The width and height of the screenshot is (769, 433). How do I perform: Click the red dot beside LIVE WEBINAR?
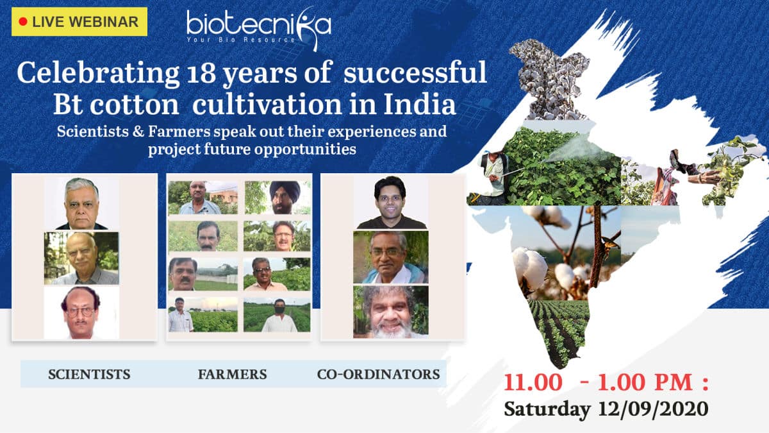(x=23, y=22)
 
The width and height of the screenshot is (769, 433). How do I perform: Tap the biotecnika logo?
(x=259, y=29)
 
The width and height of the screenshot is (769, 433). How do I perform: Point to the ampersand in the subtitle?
(x=138, y=132)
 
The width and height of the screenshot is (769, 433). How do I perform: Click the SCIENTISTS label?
(x=89, y=374)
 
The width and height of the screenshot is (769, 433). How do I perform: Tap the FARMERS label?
(x=233, y=374)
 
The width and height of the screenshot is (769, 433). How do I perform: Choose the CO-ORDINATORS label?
(x=378, y=374)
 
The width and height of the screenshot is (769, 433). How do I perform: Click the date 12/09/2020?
(x=653, y=409)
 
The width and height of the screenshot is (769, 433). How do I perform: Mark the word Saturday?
(x=547, y=410)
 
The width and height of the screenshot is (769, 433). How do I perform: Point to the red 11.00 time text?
(x=533, y=382)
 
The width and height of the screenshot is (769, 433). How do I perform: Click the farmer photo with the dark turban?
(x=277, y=198)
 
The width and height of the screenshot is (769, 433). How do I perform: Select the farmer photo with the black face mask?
(x=277, y=315)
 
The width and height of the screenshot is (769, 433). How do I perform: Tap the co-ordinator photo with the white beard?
(x=391, y=312)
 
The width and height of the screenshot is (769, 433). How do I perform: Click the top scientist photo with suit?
(x=82, y=203)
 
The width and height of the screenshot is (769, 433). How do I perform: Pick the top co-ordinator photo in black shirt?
(x=391, y=203)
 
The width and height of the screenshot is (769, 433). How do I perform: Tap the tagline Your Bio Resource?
(x=241, y=40)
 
